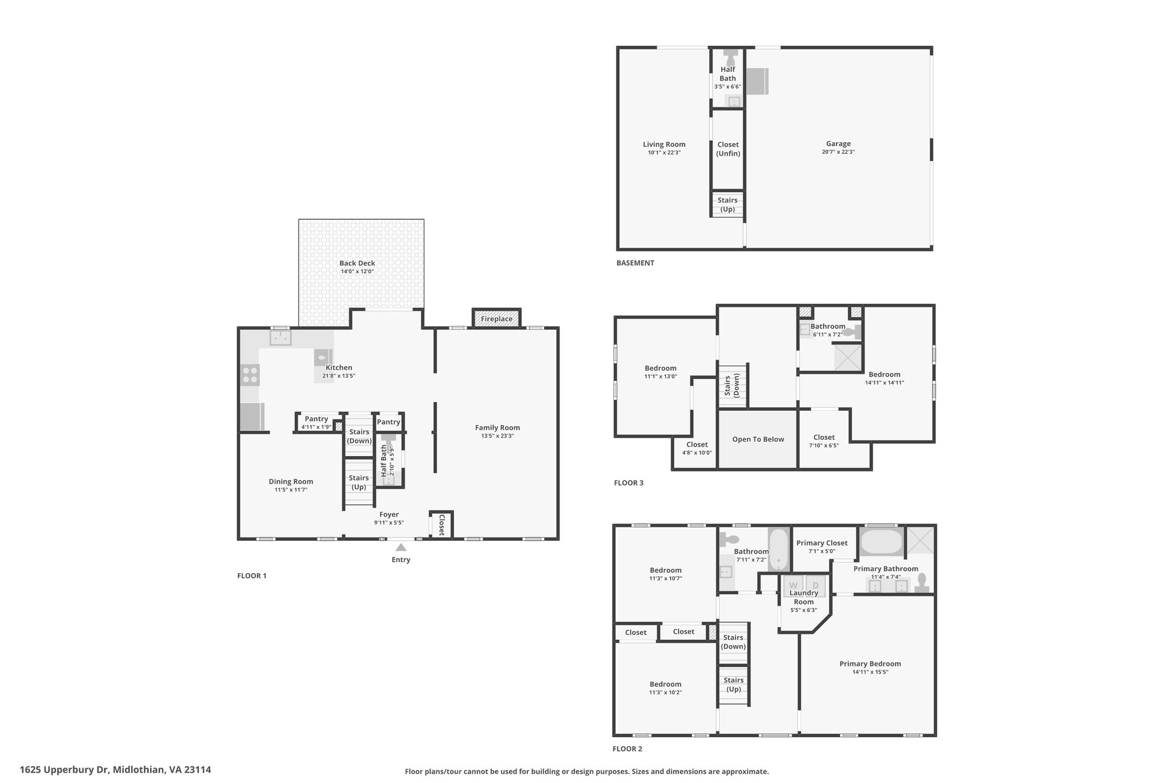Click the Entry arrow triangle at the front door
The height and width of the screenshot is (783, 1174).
click(401, 548)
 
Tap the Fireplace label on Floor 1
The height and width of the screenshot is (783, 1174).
click(496, 319)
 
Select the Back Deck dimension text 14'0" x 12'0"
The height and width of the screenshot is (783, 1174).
click(357, 271)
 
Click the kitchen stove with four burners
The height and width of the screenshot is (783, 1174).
click(250, 375)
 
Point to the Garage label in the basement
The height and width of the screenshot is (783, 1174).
click(838, 144)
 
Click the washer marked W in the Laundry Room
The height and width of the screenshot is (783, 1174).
click(793, 585)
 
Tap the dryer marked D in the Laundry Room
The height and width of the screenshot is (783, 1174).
click(816, 585)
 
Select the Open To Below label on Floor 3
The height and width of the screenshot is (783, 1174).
click(758, 439)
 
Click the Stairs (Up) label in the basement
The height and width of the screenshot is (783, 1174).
click(727, 205)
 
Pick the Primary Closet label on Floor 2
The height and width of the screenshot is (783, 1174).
click(821, 543)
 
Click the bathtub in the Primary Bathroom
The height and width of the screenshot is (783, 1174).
click(881, 542)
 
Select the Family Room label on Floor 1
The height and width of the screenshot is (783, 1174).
click(497, 427)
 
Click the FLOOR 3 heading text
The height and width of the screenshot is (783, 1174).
click(628, 483)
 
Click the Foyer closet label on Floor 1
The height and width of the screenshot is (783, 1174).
click(442, 525)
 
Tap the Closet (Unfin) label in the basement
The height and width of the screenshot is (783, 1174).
click(728, 149)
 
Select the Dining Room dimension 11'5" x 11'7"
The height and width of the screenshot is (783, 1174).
click(291, 490)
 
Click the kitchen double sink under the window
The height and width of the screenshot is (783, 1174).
click(280, 337)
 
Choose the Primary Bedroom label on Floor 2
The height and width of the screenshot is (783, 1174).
click(870, 664)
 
